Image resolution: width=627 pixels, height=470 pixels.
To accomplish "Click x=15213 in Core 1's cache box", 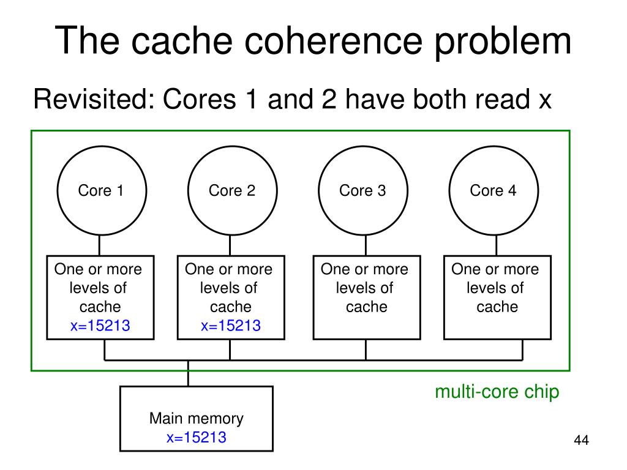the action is point(100,326).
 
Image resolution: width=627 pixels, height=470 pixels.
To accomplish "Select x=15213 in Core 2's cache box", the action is point(231,326).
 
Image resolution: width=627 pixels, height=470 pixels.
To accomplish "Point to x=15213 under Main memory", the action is point(197,437).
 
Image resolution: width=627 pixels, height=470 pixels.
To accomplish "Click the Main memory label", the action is point(197,419).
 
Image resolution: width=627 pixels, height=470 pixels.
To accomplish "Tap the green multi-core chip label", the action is point(497,392).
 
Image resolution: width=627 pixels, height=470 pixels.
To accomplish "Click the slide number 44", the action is point(582,440).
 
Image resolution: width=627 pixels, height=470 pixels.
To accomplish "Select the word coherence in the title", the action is point(334,41).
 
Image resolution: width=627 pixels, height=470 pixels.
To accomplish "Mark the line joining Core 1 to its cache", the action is point(99,245).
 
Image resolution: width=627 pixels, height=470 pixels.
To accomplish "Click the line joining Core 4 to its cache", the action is point(496,245).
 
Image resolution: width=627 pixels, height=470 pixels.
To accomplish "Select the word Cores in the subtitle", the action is point(199,99).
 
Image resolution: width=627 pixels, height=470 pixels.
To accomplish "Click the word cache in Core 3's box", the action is point(367,307).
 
